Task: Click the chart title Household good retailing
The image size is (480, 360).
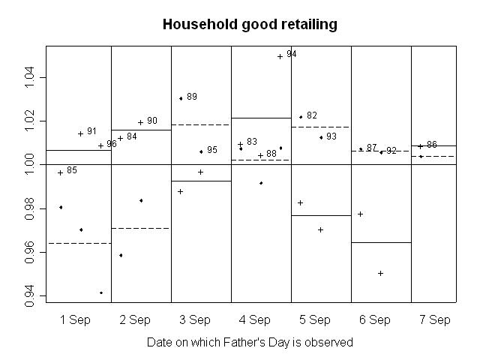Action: point(250,25)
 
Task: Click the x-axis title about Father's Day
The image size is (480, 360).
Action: point(250,342)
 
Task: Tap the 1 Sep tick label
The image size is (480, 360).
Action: point(75,320)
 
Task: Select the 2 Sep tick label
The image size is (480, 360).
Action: point(135,320)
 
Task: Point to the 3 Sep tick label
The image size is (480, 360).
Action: point(195,320)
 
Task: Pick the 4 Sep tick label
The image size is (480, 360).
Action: point(255,320)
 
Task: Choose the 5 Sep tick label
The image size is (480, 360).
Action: point(315,320)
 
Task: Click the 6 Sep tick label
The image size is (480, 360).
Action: point(375,320)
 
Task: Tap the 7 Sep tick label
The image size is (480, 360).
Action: point(435,320)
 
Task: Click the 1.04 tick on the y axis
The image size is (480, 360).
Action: point(31,77)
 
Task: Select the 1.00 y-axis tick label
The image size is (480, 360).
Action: point(31,164)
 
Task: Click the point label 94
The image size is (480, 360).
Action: point(292,55)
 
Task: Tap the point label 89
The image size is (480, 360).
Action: point(192,97)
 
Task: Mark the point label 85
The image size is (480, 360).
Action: point(72,170)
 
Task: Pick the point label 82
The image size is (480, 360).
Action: point(312,115)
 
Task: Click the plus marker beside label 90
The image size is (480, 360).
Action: point(140,122)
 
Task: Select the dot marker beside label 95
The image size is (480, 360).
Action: point(201,151)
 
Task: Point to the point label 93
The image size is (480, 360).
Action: point(331,136)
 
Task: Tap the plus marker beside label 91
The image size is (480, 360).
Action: point(81,133)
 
